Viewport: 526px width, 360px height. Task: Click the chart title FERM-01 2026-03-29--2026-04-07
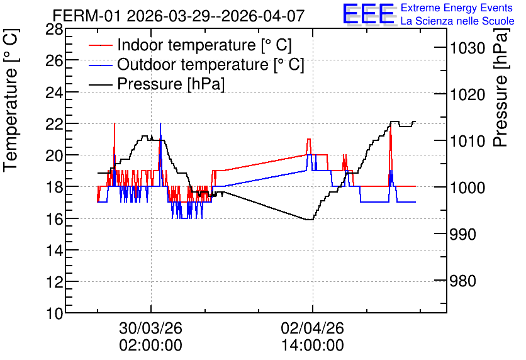click(179, 16)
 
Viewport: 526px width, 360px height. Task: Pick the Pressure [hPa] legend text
click(171, 84)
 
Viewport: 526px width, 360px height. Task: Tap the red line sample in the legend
click(100, 45)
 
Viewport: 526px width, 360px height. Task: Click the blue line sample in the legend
click(100, 65)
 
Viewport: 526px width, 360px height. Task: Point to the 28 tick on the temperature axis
click(54, 30)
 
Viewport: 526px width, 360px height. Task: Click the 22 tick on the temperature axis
click(54, 125)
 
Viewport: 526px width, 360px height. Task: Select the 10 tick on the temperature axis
click(54, 314)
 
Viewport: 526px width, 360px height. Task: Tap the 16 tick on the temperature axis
click(54, 220)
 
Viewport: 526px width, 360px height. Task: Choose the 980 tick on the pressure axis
click(462, 281)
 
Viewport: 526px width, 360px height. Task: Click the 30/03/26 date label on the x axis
click(150, 328)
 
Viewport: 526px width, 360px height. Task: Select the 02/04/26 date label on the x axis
click(312, 328)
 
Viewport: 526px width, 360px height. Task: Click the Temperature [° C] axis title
click(11, 100)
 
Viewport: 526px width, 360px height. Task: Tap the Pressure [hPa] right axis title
click(501, 87)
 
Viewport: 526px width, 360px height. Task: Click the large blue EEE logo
click(369, 14)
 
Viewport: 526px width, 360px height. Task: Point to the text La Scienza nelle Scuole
click(457, 21)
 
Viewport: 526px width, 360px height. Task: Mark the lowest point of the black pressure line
click(310, 220)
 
